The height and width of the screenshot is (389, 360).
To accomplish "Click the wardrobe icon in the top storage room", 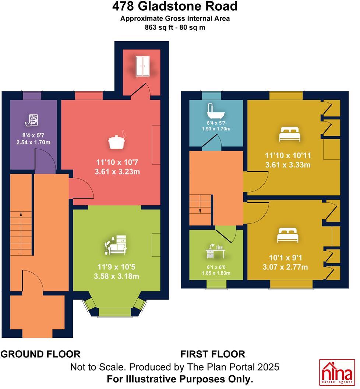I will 142,67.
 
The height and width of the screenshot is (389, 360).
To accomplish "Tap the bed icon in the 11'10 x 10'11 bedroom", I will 290,134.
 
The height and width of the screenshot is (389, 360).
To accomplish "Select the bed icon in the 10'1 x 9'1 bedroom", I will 288,236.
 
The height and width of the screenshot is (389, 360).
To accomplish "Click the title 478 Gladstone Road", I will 175,7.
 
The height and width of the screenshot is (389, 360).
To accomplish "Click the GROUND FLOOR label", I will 40,354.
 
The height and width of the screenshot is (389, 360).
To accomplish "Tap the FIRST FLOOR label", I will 212,354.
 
